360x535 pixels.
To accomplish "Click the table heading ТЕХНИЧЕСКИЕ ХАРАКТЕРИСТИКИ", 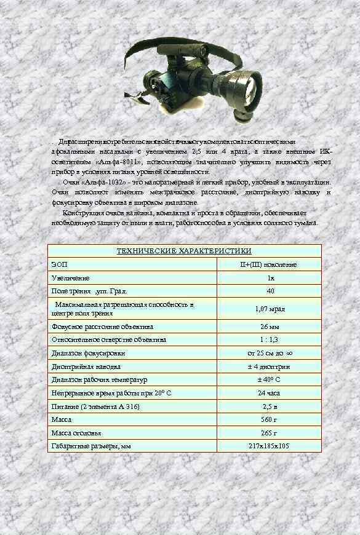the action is point(185,251).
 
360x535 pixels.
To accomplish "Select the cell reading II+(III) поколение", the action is point(268,264).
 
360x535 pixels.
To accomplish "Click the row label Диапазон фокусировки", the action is point(89,353).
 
